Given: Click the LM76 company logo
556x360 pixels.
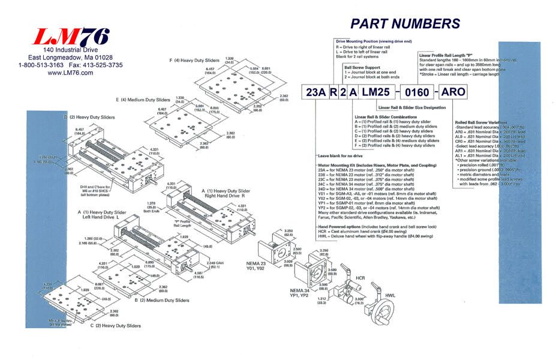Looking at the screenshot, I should tap(71, 37).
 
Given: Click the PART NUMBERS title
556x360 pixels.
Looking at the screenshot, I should tap(405, 23).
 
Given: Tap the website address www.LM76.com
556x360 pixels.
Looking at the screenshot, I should tap(70, 73).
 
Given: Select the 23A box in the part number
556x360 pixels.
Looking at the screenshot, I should tap(316, 93).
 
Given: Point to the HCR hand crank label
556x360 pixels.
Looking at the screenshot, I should tap(360, 262).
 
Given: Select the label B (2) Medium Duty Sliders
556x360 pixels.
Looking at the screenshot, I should tap(163, 300).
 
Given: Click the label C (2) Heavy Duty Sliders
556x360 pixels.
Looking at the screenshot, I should tap(115, 325).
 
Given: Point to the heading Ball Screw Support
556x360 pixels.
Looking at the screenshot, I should tap(362, 68).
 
